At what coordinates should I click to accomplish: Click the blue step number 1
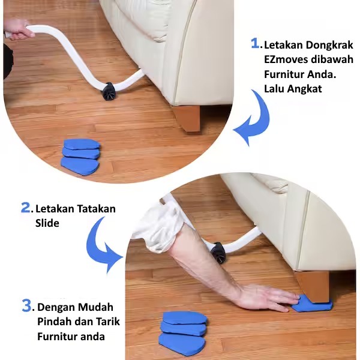click(x=256, y=43)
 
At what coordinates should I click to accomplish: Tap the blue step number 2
click(x=25, y=208)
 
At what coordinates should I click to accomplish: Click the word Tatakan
click(x=96, y=209)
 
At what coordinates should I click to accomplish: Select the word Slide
click(x=47, y=223)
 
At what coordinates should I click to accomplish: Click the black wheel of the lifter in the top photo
click(x=107, y=91)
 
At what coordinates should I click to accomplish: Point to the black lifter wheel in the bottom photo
click(x=218, y=253)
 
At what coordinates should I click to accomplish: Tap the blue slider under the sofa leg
click(x=312, y=304)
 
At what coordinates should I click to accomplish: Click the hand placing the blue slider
click(x=268, y=298)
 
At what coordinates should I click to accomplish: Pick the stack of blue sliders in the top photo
click(x=80, y=156)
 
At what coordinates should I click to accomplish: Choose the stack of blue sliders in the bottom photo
click(x=183, y=332)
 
